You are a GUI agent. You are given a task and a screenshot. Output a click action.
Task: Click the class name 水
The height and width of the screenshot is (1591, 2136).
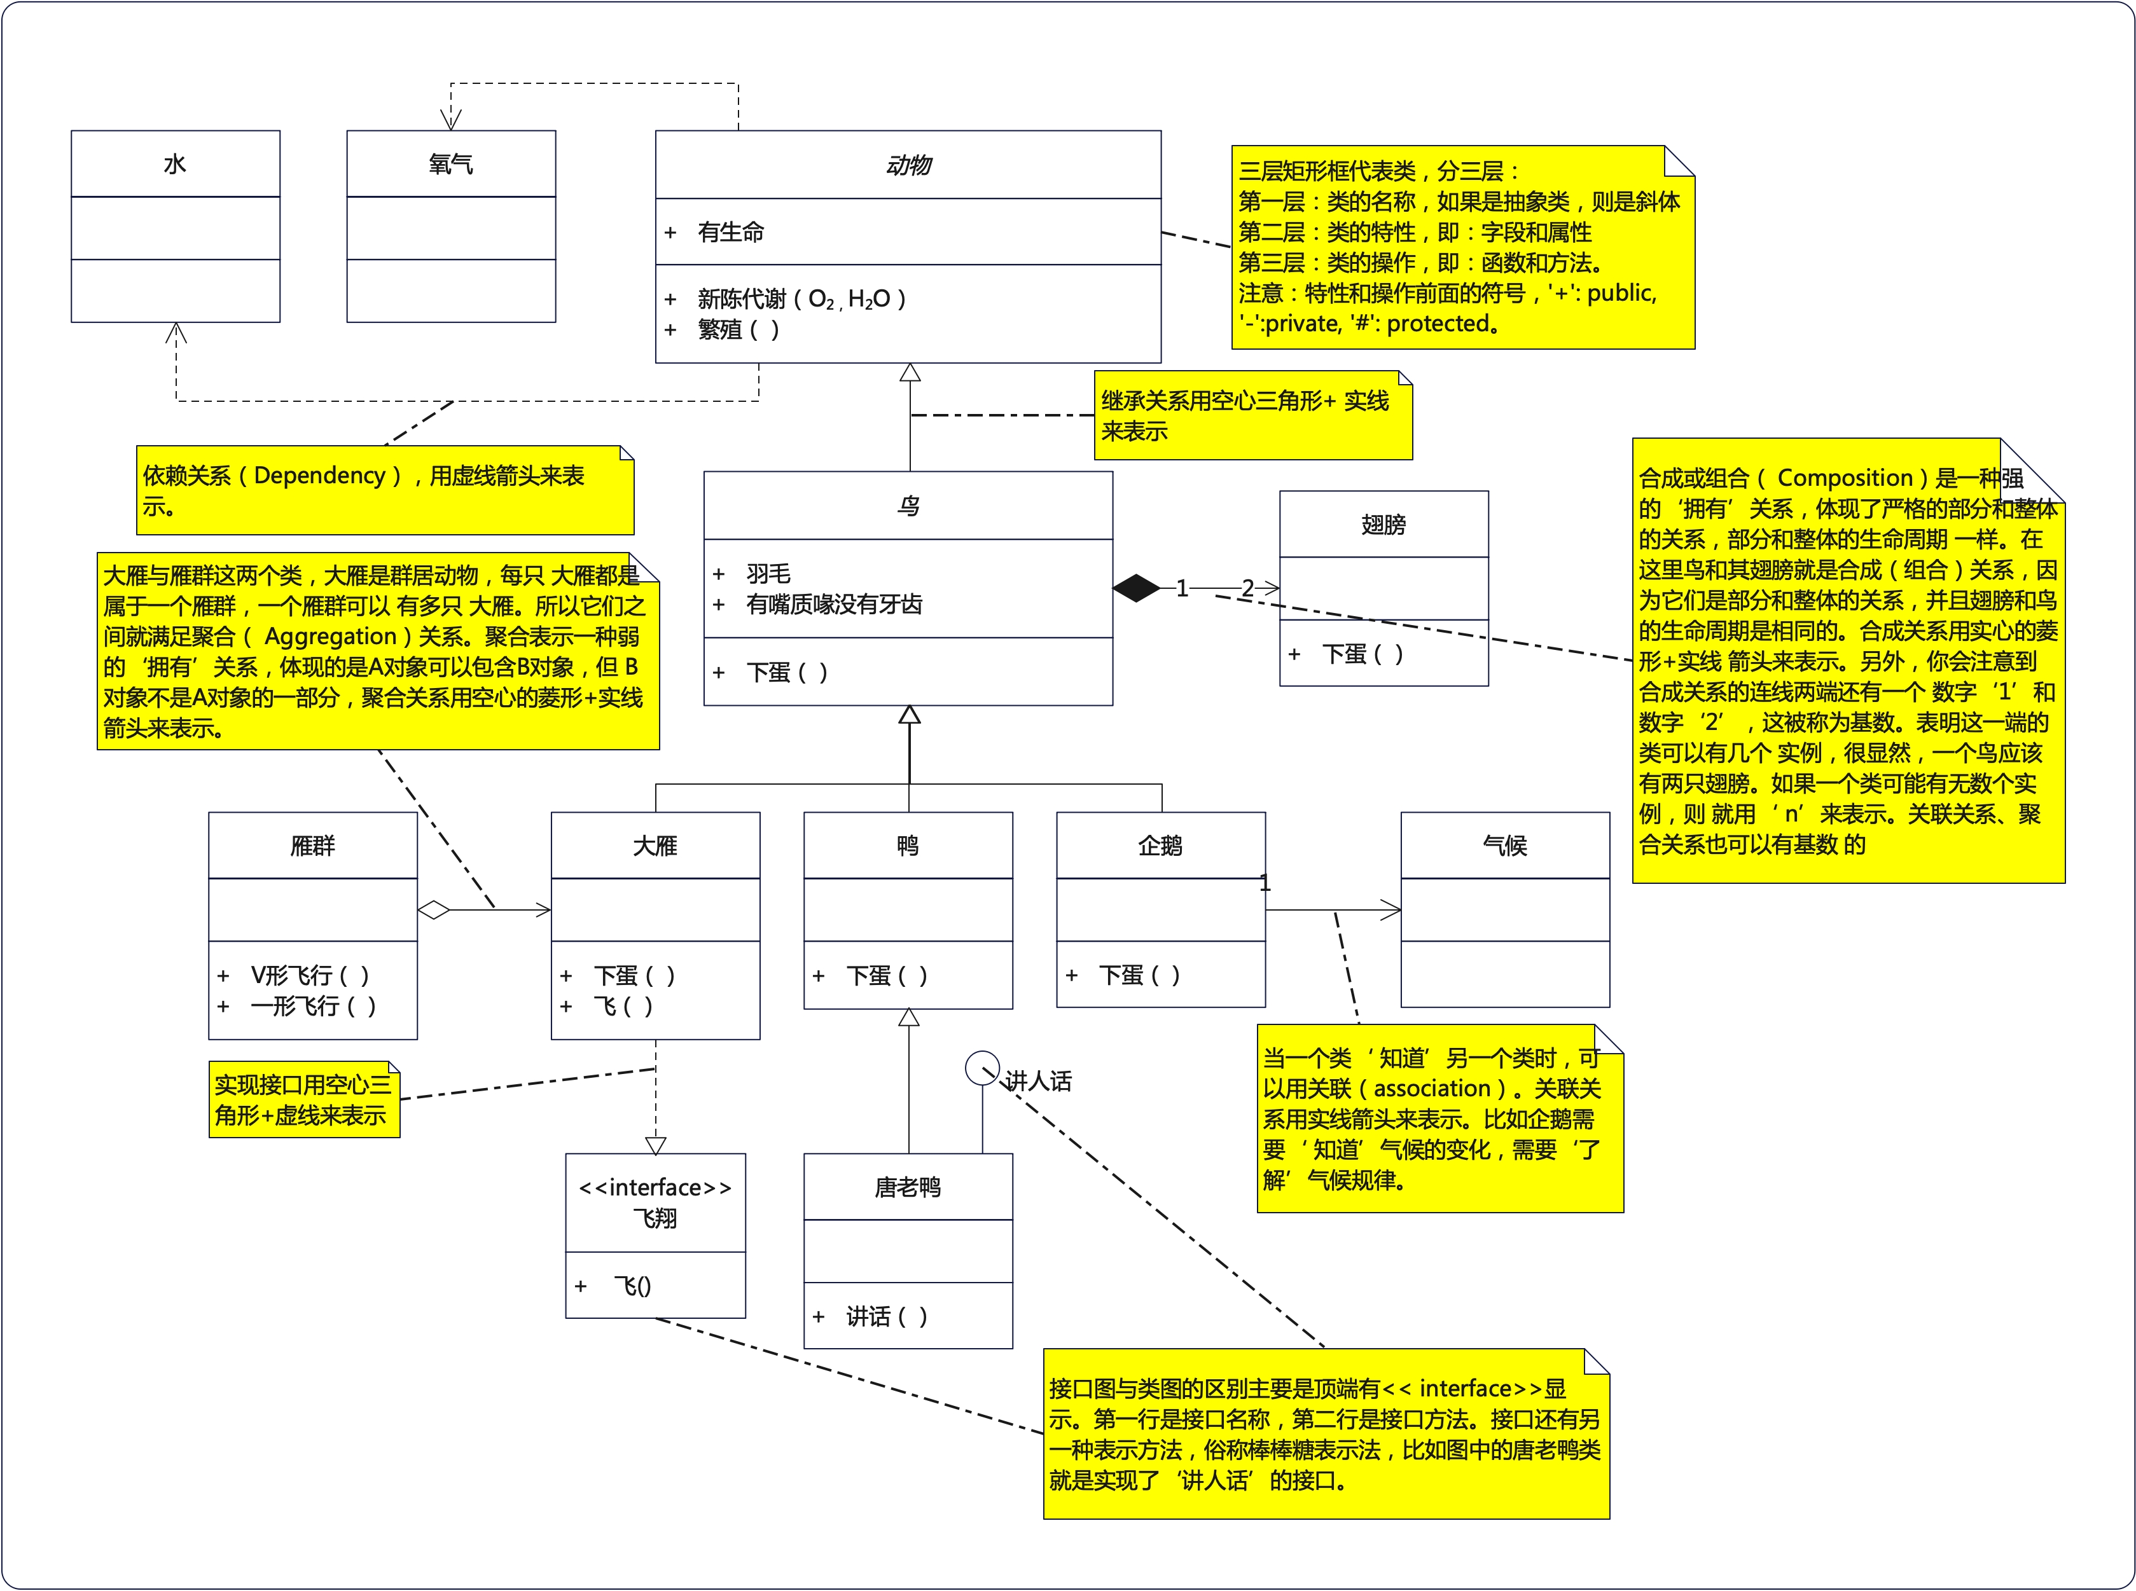tap(174, 165)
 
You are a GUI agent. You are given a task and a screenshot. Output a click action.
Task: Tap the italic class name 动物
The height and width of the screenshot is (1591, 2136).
tap(908, 165)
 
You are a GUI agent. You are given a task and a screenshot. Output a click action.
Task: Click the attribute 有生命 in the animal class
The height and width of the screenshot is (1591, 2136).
tap(730, 232)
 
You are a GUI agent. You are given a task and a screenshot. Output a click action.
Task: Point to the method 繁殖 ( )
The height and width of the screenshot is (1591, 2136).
tap(738, 330)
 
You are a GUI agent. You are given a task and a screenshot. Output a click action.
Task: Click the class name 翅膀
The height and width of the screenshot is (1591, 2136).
tap(1384, 525)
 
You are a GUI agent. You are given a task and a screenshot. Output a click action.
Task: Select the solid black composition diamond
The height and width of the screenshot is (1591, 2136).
tap(1136, 588)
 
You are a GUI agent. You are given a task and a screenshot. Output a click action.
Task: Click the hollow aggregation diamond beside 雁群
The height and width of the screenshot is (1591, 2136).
tap(434, 910)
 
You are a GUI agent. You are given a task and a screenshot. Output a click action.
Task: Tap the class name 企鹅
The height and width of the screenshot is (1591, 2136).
tap(1160, 846)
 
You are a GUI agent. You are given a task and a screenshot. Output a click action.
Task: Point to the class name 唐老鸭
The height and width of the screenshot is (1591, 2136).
tap(908, 1187)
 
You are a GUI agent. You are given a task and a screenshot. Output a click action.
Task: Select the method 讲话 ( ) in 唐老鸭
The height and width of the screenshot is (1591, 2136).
tap(886, 1316)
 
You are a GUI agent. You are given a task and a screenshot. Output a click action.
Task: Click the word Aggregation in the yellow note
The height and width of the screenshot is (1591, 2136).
tap(331, 637)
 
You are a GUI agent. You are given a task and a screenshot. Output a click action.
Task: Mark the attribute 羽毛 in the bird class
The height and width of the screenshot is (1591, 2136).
tap(768, 574)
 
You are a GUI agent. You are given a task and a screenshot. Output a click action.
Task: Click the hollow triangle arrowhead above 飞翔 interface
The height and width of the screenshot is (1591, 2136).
tap(656, 1145)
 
